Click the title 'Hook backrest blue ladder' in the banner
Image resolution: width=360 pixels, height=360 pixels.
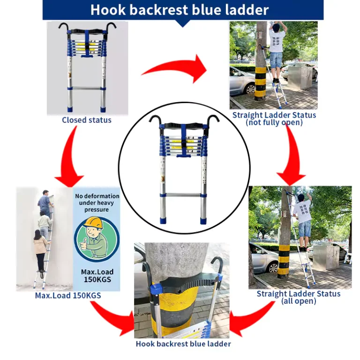coord(180,10)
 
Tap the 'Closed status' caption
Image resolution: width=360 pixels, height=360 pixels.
coord(87,120)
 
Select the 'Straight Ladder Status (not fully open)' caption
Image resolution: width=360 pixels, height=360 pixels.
coord(274,119)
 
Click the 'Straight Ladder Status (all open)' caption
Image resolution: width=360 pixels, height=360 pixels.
coord(299,297)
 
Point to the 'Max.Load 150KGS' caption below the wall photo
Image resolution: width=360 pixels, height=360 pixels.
coord(68,295)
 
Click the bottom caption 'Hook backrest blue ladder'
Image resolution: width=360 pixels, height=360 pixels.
coord(183,344)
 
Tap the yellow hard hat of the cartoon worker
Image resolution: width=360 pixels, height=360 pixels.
coord(93,223)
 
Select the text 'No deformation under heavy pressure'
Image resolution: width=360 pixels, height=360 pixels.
coord(97,202)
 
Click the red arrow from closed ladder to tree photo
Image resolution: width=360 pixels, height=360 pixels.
coord(174,68)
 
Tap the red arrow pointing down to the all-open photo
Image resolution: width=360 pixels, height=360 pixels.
coord(292,156)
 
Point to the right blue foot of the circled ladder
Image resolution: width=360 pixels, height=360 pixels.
coord(203,221)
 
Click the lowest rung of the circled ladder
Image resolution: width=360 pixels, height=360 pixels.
coord(183,195)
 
